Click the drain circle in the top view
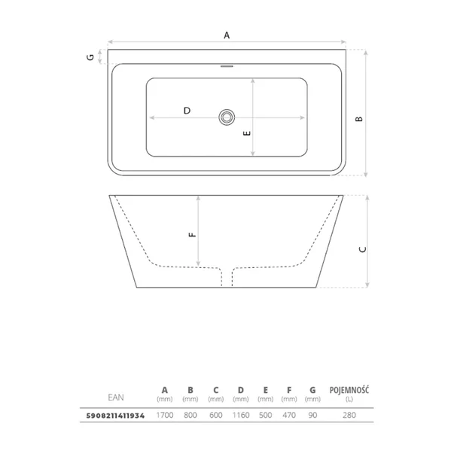point(227,117)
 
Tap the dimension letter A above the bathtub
point(227,35)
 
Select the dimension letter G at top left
point(90,57)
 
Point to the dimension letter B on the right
point(359,119)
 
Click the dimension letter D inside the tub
point(187,111)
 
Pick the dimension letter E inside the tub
point(247,133)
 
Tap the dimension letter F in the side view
point(192,234)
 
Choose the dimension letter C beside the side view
point(362,249)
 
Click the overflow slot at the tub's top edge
point(227,66)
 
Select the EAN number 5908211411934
point(115,416)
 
